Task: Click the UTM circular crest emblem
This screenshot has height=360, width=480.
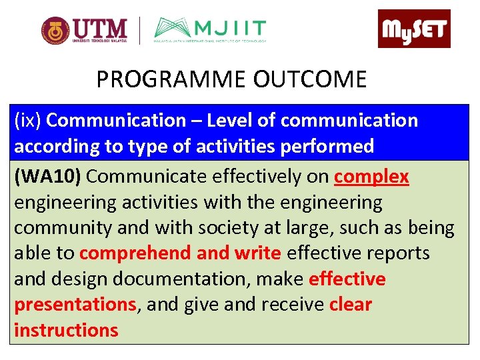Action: pos(55,31)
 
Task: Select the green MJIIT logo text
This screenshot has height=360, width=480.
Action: pos(229,29)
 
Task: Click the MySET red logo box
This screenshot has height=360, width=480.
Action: pos(414,29)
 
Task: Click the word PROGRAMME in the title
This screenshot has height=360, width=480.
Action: pos(172,80)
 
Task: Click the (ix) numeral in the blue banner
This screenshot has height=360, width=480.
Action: pos(28,121)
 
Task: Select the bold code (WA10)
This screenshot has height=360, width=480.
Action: pos(48,177)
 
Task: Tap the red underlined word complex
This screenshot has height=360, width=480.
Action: pos(371,177)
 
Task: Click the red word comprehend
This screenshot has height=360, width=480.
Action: pos(136,253)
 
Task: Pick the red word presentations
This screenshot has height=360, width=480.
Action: pos(75,305)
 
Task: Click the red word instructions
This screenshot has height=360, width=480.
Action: pos(66,330)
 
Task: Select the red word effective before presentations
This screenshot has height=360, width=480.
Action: pos(347,279)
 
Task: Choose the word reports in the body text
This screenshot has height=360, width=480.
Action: pos(396,253)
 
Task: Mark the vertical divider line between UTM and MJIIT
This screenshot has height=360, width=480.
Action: pos(139,31)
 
